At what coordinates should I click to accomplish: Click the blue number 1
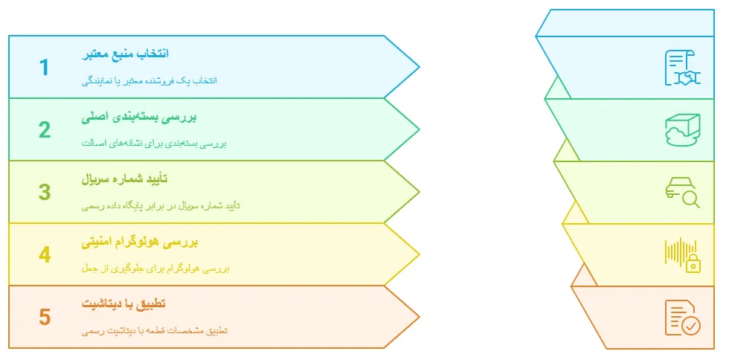(x=45, y=68)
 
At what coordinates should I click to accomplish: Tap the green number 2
(x=45, y=130)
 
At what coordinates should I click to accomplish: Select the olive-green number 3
(x=45, y=193)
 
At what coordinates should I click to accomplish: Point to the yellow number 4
(x=45, y=255)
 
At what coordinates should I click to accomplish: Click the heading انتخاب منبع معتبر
(x=125, y=54)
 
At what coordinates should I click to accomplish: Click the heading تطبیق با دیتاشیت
(x=124, y=304)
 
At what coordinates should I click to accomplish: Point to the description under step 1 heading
(x=149, y=80)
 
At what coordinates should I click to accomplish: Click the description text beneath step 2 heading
(x=152, y=144)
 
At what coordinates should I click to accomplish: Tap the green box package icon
(x=682, y=130)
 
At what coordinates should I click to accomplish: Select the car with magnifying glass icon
(x=682, y=192)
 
